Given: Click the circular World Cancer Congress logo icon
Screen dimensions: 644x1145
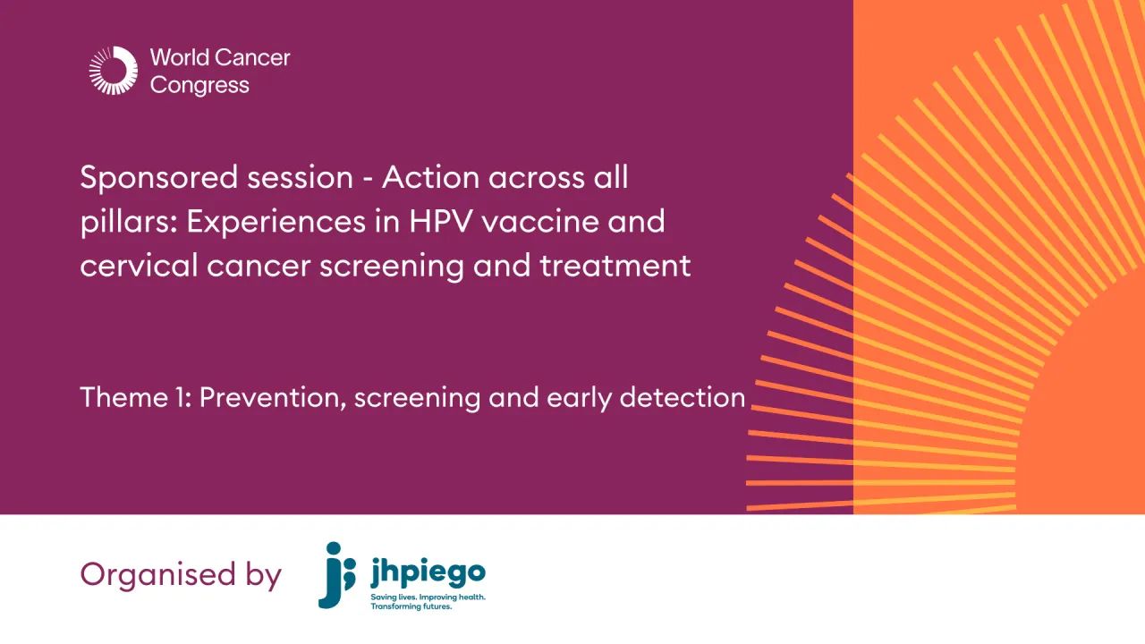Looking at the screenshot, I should point(114,71).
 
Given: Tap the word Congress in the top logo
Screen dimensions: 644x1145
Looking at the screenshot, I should point(199,86).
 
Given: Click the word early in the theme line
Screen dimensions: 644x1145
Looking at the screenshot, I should point(572,397).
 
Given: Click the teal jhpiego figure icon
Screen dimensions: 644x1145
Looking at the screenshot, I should point(337,574).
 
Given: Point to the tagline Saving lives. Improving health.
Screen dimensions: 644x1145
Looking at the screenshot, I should point(428,596).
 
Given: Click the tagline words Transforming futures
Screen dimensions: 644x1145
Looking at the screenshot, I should point(411,606).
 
